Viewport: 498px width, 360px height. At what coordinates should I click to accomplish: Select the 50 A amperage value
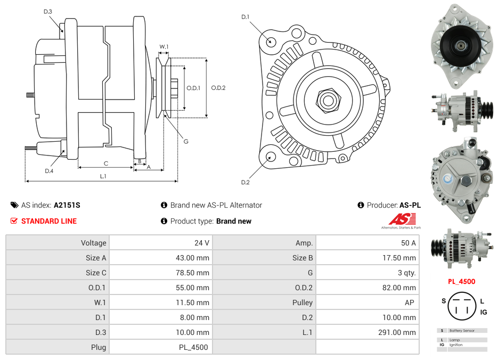point(408,243)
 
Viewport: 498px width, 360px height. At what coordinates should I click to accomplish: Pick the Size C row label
point(96,273)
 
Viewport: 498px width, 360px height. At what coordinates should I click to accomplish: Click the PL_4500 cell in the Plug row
point(193,347)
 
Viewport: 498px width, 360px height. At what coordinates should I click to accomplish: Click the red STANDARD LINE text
point(49,221)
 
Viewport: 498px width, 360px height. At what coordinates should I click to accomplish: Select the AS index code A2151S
point(67,205)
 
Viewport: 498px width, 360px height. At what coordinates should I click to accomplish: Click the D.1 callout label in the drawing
point(246,17)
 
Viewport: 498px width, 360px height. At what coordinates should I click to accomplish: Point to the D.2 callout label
point(246,183)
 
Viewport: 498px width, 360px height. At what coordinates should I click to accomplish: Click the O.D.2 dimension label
point(218,88)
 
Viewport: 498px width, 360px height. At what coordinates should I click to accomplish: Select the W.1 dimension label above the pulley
point(164,47)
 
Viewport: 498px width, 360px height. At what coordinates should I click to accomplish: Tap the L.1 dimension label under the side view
point(103,176)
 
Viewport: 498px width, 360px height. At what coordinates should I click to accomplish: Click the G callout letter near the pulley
point(186,141)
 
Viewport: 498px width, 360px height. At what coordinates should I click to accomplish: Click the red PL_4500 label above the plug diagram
point(461,282)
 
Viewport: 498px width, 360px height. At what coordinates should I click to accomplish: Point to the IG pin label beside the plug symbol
point(484,312)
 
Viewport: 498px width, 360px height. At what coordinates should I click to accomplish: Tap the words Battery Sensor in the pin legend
point(461,331)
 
